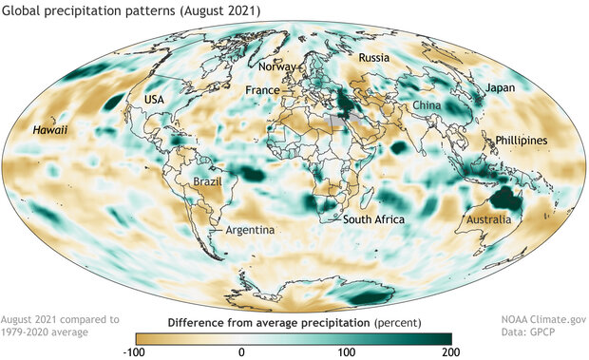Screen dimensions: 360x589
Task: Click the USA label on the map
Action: click(153, 100)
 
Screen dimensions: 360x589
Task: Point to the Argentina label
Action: click(251, 230)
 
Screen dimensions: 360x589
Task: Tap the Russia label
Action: click(373, 58)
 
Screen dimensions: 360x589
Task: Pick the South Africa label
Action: click(373, 220)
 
